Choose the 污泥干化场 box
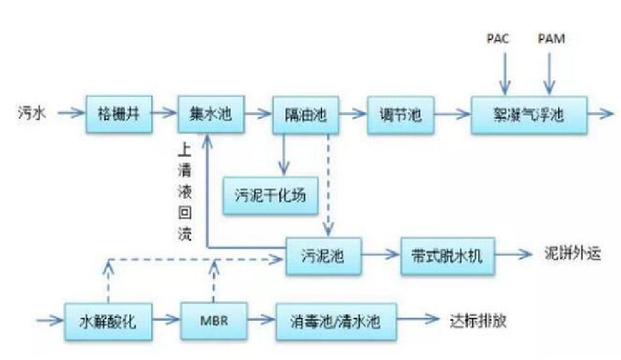(270, 196)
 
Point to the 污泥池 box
(322, 255)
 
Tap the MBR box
(213, 322)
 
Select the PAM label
(550, 39)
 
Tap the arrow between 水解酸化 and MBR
(167, 322)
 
